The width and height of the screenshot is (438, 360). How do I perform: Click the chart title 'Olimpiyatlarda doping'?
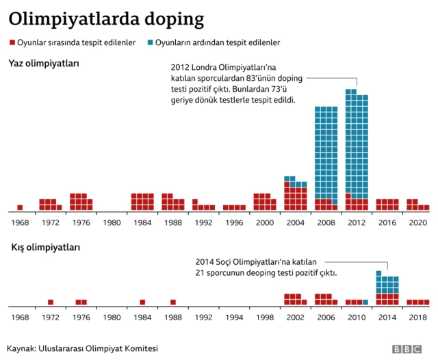click(105, 18)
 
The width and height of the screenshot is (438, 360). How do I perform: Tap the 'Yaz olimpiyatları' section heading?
click(44, 64)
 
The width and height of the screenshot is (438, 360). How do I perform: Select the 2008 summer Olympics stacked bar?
click(326, 158)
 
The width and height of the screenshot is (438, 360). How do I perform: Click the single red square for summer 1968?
click(20, 207)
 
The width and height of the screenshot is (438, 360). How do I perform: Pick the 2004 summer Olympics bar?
click(295, 194)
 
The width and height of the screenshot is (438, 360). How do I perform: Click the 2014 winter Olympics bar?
click(387, 287)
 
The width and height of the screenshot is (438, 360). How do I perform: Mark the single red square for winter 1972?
click(51, 302)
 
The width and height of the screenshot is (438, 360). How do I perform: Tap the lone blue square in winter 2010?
click(365, 302)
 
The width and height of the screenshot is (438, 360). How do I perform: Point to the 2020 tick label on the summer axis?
click(417, 223)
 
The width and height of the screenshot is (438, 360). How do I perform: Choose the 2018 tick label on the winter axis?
click(417, 318)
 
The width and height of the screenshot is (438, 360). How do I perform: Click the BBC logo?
click(407, 349)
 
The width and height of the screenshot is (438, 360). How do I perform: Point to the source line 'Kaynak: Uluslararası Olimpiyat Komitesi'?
click(83, 348)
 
